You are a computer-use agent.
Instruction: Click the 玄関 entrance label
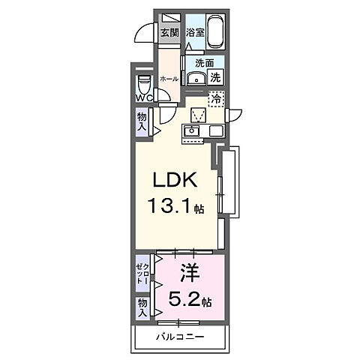[x=169, y=33]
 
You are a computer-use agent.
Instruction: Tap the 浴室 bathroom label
[x=195, y=32]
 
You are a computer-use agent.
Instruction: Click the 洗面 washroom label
[x=205, y=63]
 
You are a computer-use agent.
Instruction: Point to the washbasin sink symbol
[x=196, y=79]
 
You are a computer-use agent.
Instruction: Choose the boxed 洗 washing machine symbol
[x=215, y=77]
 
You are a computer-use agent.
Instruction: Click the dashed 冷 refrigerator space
[x=217, y=99]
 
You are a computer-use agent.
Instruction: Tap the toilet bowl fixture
[x=144, y=84]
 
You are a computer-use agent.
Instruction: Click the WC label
[x=144, y=98]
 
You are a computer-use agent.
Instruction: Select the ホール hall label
[x=169, y=79]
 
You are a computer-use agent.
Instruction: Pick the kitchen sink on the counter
[x=192, y=131]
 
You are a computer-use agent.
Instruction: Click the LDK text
[x=175, y=181]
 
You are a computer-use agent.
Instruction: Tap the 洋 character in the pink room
[x=190, y=274]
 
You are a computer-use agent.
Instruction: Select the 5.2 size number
[x=184, y=299]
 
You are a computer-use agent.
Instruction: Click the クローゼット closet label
[x=142, y=274]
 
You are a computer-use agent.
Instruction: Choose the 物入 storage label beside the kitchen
[x=142, y=121]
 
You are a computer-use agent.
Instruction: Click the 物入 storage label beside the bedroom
[x=142, y=308]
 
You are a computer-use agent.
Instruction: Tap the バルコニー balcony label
[x=180, y=337]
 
